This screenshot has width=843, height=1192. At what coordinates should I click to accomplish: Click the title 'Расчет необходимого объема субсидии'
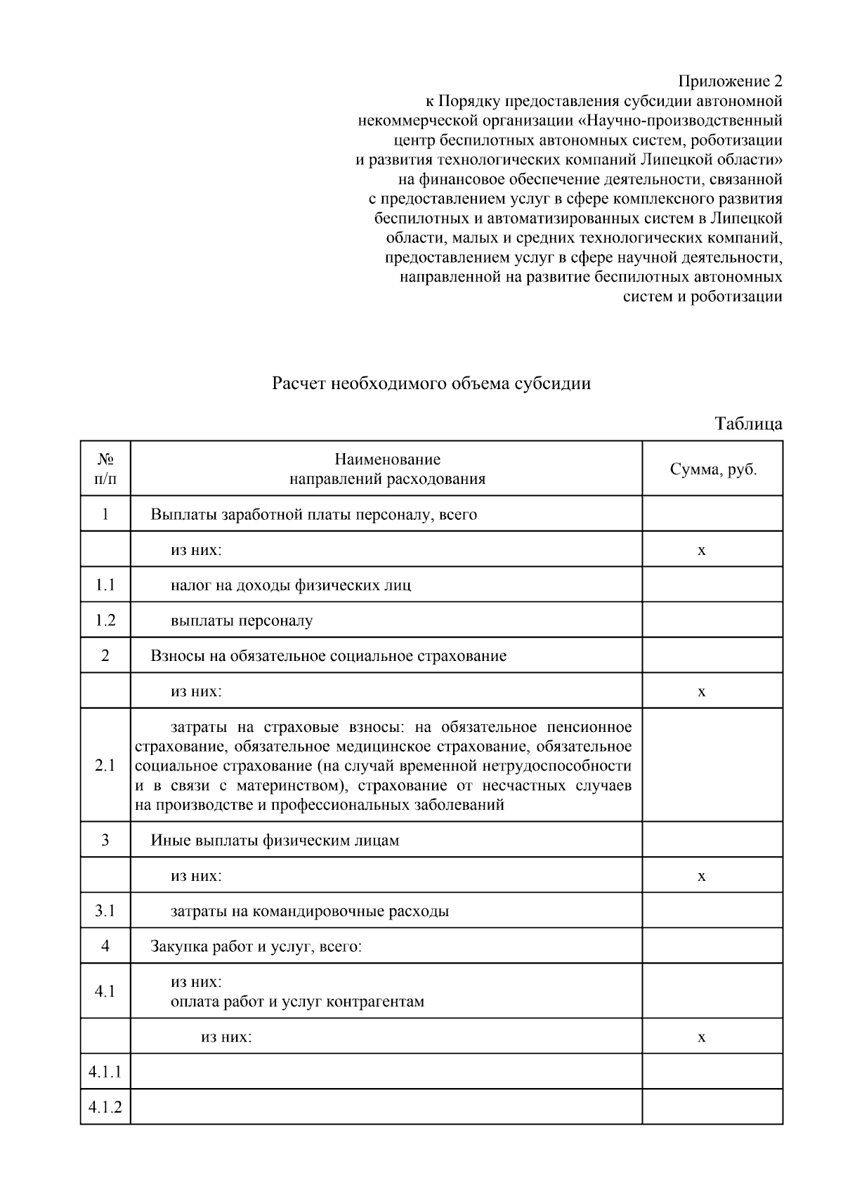[431, 384]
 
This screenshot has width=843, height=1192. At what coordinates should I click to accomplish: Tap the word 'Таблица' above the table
[748, 424]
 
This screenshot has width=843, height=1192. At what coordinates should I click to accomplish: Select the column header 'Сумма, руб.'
[713, 469]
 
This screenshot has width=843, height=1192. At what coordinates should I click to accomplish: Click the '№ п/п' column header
[105, 469]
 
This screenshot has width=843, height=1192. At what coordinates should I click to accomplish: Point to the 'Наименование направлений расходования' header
[387, 469]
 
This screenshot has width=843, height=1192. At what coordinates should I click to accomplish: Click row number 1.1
[105, 584]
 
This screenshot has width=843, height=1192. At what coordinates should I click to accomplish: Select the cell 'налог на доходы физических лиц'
[291, 584]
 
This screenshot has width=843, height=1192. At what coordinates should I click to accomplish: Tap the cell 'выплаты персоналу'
[242, 620]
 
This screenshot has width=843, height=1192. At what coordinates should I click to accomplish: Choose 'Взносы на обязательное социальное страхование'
[328, 656]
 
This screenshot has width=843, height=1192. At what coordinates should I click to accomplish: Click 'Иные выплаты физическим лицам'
[275, 840]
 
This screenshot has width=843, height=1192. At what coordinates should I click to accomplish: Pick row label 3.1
[105, 911]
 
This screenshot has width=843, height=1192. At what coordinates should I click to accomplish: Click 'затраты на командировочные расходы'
[310, 911]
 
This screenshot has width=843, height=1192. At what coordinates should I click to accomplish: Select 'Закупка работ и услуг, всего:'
[256, 946]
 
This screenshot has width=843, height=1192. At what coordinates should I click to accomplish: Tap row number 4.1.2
[105, 1108]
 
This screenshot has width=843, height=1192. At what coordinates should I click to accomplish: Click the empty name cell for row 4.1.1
[386, 1072]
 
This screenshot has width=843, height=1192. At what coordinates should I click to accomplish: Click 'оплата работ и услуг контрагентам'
[297, 1001]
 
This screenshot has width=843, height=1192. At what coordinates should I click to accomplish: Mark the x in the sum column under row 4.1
[701, 1037]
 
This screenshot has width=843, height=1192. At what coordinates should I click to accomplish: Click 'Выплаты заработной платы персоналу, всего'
[313, 514]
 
